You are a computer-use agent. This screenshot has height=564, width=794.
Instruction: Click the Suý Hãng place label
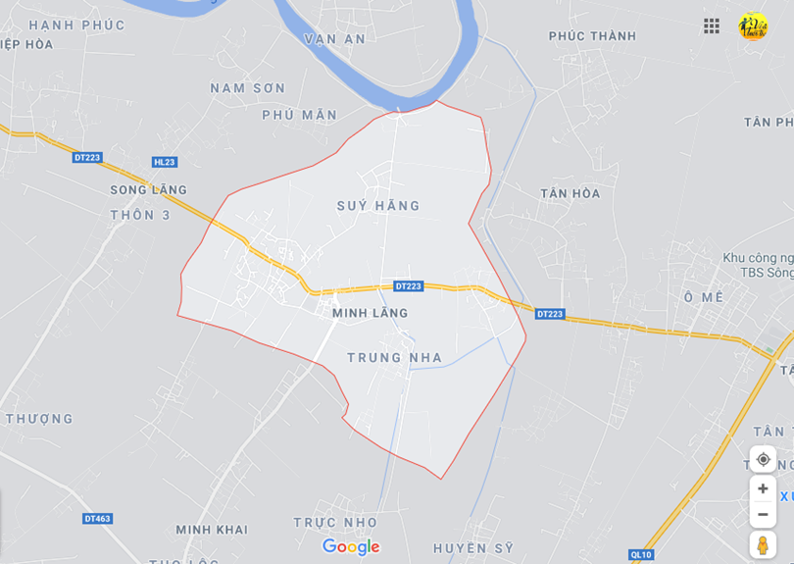378,206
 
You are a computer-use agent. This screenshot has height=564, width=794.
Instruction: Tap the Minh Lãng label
370,313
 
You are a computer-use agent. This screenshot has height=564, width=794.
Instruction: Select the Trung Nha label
394,358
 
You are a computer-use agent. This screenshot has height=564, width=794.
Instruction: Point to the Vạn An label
334,39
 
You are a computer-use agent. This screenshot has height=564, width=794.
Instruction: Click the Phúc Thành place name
592,36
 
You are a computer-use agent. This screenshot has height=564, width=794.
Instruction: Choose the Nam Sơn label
248,88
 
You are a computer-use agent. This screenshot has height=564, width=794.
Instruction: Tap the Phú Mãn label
299,115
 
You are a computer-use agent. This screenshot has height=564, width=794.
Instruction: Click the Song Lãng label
148,190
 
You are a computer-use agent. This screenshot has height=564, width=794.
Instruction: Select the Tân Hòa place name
570,193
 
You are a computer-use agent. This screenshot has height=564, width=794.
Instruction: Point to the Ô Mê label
703,296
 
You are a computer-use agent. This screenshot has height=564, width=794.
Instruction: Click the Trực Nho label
335,522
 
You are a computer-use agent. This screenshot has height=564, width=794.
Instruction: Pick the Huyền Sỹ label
473,548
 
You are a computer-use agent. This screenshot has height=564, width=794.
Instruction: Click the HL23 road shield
165,163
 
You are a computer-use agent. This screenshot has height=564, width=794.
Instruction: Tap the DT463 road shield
97,518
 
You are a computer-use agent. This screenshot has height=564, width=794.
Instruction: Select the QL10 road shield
640,554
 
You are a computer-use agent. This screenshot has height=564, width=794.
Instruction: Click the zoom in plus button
763,488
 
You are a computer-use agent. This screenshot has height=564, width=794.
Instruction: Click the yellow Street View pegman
763,544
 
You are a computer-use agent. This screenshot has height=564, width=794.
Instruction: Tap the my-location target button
763,459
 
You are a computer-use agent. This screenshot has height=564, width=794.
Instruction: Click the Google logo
351,547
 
